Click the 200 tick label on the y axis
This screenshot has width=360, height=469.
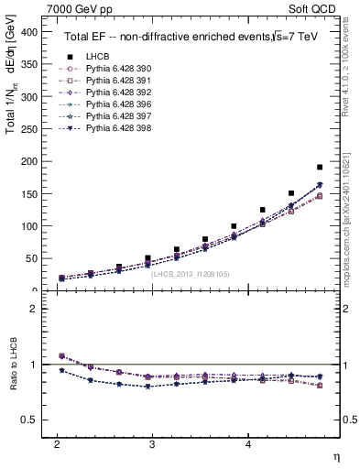28,161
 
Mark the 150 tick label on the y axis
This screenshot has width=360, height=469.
28,194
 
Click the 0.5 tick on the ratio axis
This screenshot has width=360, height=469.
27,420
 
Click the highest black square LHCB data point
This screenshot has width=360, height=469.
319,167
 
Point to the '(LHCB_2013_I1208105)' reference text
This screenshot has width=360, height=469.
191,274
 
